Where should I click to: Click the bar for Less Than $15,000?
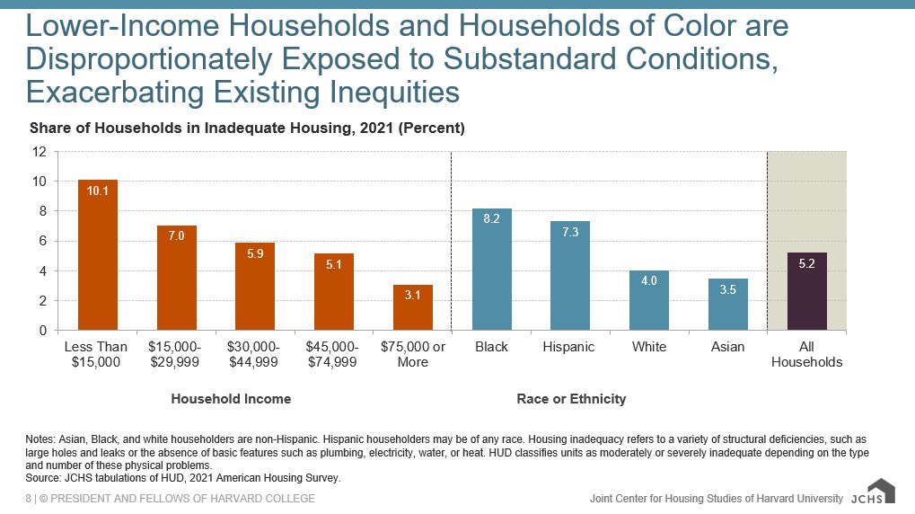(x=98, y=255)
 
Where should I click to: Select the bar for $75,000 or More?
(x=413, y=307)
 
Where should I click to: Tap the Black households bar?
(x=492, y=270)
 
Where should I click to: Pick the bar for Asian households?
(x=728, y=305)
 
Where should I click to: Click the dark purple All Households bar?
(x=807, y=291)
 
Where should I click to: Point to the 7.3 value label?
(x=570, y=233)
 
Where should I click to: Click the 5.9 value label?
(x=256, y=254)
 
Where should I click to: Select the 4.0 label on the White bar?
(x=649, y=281)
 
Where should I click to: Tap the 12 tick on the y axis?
(x=40, y=152)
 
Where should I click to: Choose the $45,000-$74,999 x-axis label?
(x=334, y=354)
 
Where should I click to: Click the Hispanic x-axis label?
(x=569, y=347)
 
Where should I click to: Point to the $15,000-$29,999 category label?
(x=176, y=354)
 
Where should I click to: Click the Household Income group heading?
(x=231, y=398)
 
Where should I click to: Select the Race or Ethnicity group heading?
(x=571, y=398)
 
